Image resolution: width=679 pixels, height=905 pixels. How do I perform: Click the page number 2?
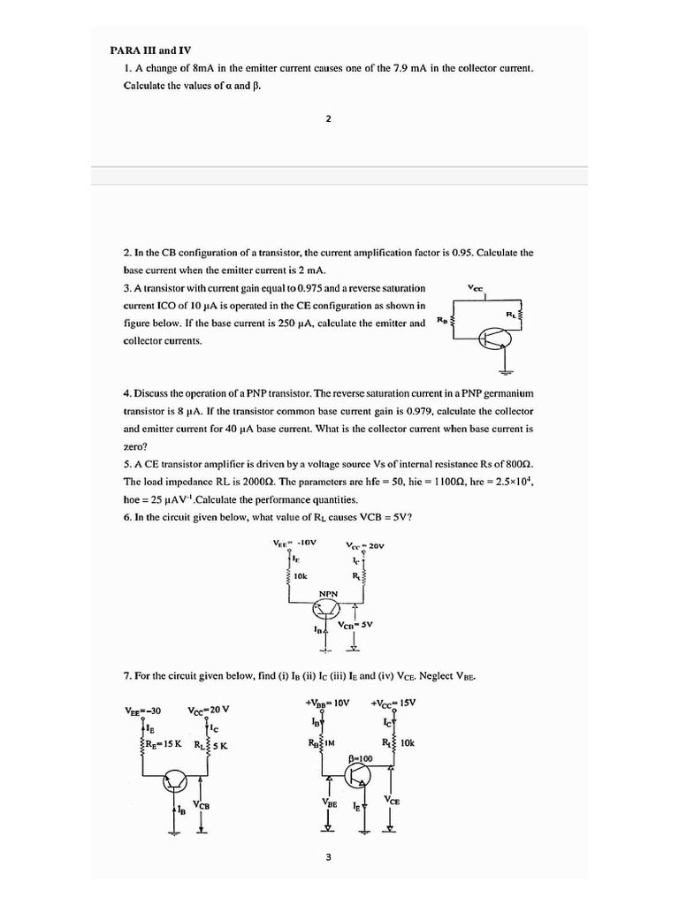pos(328,119)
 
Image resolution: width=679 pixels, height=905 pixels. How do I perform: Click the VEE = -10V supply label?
pos(295,543)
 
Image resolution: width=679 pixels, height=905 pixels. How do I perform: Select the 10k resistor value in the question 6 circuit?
pos(301,575)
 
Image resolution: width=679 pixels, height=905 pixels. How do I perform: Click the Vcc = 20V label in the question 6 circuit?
pos(365,545)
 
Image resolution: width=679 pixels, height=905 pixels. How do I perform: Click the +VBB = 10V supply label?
pos(327,703)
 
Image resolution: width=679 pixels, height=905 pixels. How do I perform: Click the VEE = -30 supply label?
pos(142,711)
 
